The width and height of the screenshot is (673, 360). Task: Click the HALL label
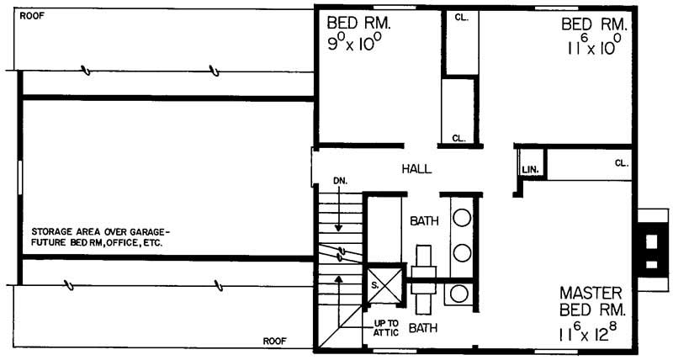coord(416,169)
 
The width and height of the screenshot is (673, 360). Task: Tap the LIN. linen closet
coord(529,169)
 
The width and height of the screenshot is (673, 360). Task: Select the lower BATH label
coord(423,328)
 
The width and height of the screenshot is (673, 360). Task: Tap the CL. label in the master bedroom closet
coord(621,163)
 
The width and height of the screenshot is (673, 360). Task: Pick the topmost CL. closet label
coord(461,18)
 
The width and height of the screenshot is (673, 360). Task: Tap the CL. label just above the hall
coord(458,137)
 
